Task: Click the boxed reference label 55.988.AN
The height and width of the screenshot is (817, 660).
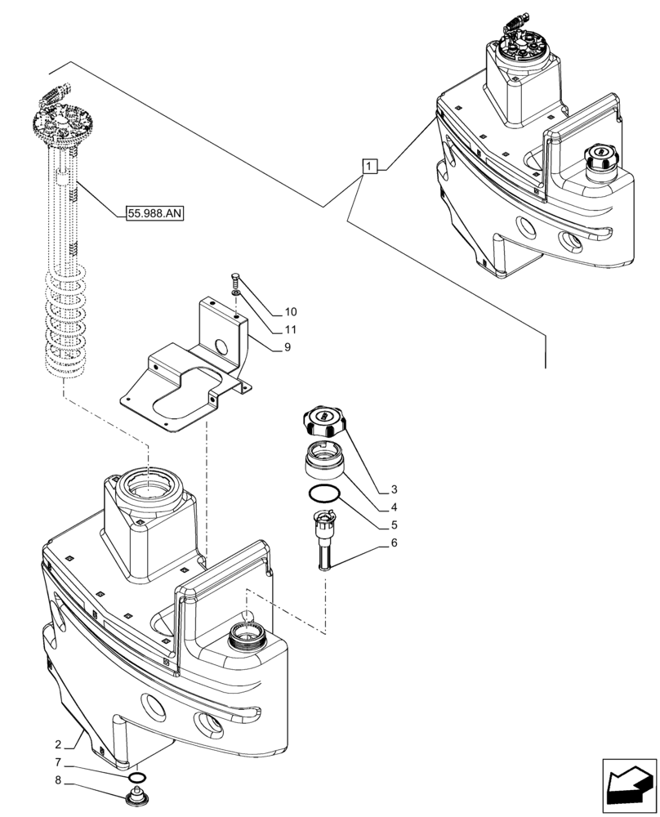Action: (155, 214)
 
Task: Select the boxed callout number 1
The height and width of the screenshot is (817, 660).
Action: (370, 167)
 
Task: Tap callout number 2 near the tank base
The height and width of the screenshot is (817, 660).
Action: (58, 744)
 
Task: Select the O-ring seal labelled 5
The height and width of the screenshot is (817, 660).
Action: (323, 493)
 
